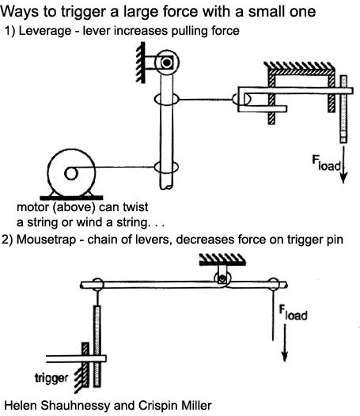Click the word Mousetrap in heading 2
click(x=46, y=240)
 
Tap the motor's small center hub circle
click(x=71, y=174)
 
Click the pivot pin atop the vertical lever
click(x=167, y=62)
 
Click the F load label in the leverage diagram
click(x=326, y=163)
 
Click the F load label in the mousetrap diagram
click(x=293, y=313)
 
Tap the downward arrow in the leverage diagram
click(x=343, y=165)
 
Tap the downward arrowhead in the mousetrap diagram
click(x=285, y=356)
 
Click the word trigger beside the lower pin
click(x=51, y=378)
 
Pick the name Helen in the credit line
click(x=22, y=406)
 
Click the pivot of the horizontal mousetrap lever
click(x=222, y=279)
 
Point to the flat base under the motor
click(x=71, y=198)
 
